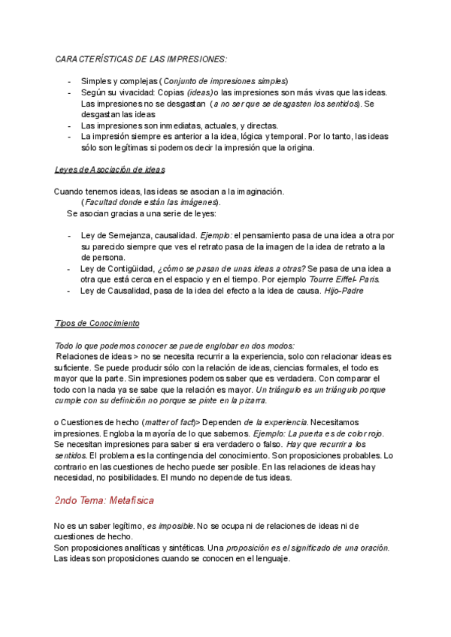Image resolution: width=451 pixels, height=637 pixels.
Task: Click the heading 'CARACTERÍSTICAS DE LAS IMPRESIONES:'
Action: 141,59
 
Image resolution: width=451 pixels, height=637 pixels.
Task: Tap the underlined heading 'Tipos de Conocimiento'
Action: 98,323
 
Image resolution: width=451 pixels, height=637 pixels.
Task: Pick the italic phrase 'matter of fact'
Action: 169,423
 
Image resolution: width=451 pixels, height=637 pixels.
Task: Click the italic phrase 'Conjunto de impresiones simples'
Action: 225,81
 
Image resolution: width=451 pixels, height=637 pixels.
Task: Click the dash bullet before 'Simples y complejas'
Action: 69,81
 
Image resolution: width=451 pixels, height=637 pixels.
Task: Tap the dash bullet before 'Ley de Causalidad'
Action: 69,290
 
